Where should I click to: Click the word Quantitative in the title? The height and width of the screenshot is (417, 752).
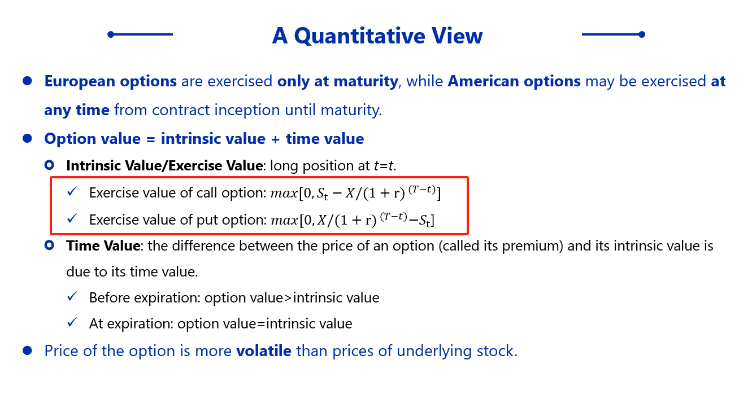360,36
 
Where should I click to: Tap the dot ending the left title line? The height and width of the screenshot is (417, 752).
111,34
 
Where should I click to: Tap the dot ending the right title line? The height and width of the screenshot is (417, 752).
642,34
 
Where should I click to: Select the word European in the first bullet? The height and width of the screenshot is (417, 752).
80,82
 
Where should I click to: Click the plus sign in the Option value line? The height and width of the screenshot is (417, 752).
276,139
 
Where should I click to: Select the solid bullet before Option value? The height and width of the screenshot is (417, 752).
27,138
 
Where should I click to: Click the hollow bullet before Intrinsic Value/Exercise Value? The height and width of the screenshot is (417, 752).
49,165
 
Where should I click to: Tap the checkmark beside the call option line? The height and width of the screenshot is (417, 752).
72,191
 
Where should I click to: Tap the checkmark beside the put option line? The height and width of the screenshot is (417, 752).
72,218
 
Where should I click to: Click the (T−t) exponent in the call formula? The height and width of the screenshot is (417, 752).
422,190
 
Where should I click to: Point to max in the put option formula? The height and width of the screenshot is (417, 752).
284,221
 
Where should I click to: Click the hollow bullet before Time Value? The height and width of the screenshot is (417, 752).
49,245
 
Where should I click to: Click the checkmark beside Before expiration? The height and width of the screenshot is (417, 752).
72,296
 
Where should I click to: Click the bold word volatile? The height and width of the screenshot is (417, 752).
264,351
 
